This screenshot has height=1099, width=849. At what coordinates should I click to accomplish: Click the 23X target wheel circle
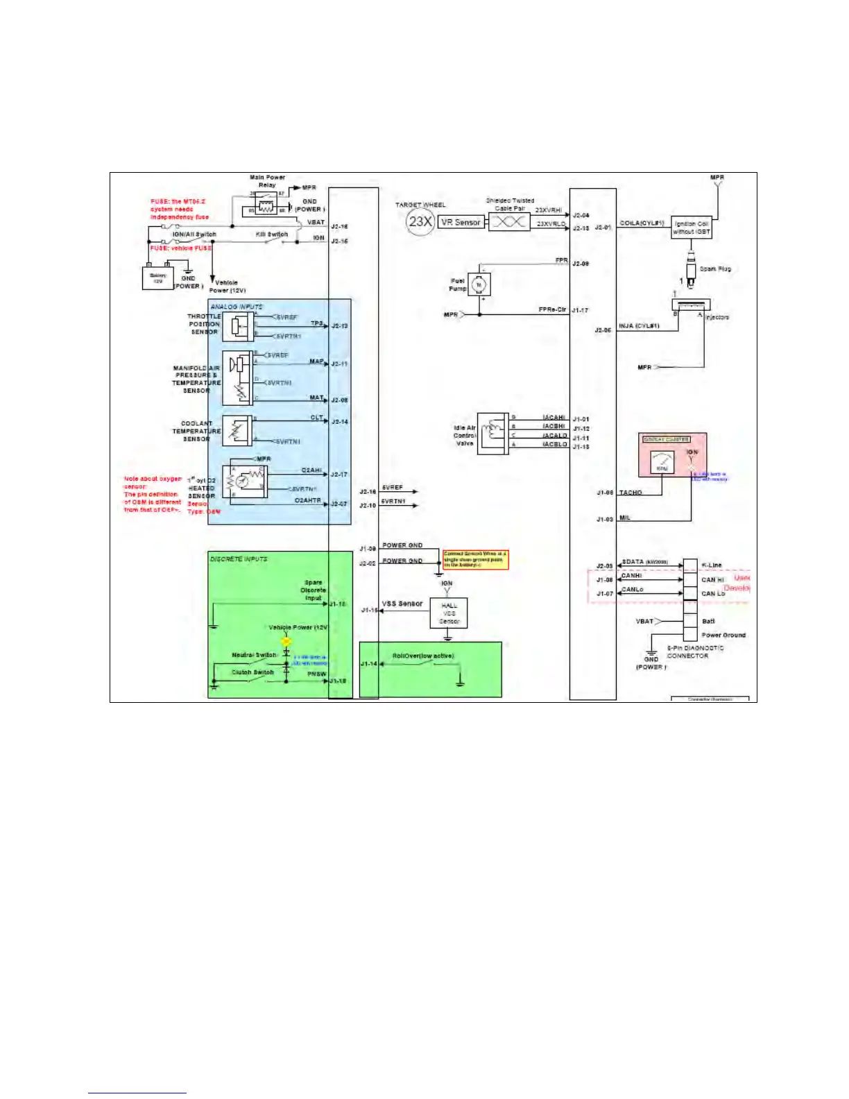(420, 221)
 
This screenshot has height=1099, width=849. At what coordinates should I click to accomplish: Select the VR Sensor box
(461, 222)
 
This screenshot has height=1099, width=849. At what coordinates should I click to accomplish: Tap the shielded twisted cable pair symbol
(509, 222)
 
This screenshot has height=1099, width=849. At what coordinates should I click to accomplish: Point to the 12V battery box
(158, 278)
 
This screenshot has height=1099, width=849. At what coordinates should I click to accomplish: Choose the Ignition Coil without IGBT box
(692, 228)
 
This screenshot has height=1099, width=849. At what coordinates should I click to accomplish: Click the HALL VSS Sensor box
(449, 613)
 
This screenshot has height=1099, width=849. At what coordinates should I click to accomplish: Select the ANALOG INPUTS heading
(237, 306)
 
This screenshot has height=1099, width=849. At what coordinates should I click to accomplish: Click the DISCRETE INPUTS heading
(239, 559)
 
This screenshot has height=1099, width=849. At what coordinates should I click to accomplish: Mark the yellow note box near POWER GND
(475, 559)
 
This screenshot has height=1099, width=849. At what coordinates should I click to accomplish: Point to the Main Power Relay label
(267, 181)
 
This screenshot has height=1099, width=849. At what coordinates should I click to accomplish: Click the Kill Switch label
(272, 235)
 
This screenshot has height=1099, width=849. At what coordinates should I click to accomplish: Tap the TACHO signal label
(631, 493)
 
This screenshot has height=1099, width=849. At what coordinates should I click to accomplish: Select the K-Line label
(712, 565)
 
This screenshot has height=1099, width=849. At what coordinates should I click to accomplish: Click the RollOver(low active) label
(423, 655)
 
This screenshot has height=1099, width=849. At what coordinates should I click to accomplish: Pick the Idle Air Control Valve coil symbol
(493, 432)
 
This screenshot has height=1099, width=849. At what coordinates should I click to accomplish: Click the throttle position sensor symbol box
(238, 326)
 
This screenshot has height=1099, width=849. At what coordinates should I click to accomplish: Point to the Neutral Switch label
(254, 654)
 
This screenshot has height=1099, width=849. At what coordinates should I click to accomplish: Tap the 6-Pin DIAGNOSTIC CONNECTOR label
(695, 651)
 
